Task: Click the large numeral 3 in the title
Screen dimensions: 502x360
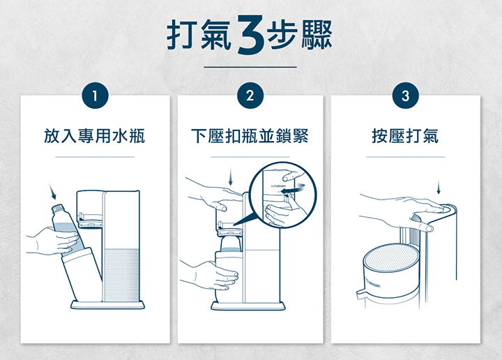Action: [251, 35]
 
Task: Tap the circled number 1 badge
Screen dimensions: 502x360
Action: [95, 96]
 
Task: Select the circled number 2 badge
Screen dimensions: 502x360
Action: [250, 96]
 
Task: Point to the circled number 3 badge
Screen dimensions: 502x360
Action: [406, 96]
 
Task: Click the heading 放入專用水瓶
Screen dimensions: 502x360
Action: [94, 136]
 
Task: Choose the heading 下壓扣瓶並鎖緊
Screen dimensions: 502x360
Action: [250, 136]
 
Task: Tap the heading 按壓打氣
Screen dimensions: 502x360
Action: [405, 136]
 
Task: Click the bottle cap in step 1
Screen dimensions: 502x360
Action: [57, 208]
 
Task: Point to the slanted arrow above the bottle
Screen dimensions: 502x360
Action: [52, 191]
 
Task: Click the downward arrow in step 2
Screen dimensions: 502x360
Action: [230, 177]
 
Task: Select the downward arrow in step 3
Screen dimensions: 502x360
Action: [439, 187]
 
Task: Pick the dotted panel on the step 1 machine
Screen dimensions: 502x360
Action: [122, 275]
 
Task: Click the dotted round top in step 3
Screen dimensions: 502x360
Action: [391, 258]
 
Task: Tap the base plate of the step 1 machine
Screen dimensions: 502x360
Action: [107, 305]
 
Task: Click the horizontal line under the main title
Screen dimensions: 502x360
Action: [250, 67]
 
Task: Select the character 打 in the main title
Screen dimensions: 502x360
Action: [182, 35]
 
